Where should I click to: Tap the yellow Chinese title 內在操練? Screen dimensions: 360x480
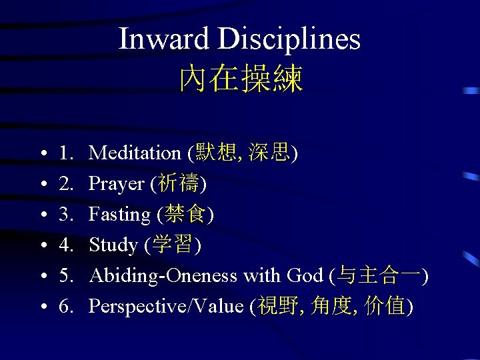241,79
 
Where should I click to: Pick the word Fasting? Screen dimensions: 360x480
120,215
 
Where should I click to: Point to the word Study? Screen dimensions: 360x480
113,245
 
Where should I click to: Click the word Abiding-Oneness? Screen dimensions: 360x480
164,275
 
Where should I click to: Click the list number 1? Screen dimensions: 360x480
66,153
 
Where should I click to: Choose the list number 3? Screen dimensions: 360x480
66,215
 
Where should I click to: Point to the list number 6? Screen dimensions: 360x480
66,306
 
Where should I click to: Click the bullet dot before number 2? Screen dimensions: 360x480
42,185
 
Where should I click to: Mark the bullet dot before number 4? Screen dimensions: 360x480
42,246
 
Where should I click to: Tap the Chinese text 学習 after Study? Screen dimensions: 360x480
173,245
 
